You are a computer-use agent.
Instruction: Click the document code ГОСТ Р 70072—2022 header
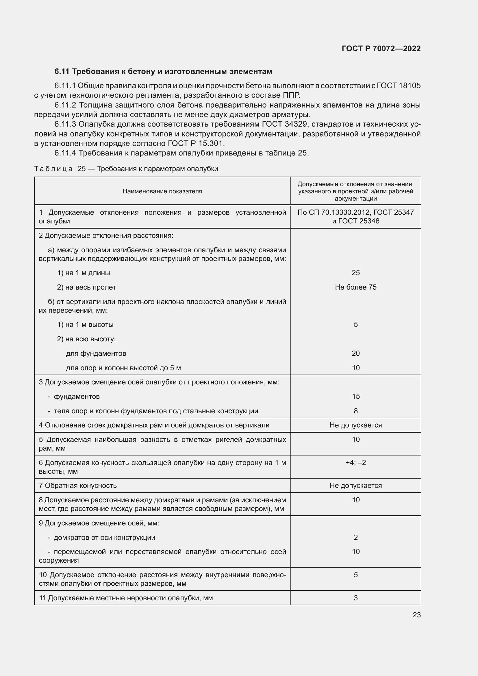(x=381, y=49)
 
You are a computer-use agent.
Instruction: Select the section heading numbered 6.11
(x=163, y=72)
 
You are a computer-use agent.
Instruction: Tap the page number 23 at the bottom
(x=416, y=615)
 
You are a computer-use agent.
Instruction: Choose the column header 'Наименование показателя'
(x=162, y=191)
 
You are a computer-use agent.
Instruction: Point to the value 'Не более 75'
(x=355, y=287)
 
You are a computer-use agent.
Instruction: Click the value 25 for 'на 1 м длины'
(x=355, y=273)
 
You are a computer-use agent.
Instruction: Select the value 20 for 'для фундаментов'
(x=355, y=353)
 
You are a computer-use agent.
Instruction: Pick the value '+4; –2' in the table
(x=355, y=462)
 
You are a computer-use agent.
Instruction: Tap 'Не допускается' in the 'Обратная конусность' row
(x=355, y=486)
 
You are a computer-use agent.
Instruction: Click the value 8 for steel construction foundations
(x=355, y=411)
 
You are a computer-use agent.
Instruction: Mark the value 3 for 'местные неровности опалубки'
(x=355, y=598)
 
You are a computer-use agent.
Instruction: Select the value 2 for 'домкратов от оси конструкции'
(x=355, y=537)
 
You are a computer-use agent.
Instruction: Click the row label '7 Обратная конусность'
(x=78, y=486)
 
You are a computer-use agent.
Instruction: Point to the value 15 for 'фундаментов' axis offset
(x=355, y=397)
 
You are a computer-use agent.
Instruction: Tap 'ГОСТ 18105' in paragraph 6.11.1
(x=399, y=86)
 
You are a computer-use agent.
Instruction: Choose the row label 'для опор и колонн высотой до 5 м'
(x=123, y=368)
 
